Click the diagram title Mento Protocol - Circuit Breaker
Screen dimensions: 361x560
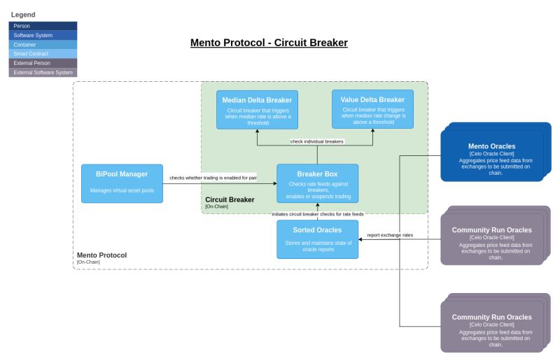coord(269,43)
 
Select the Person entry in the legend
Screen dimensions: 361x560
coord(43,26)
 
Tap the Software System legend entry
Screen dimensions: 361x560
coord(43,35)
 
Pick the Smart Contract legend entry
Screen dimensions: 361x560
coord(43,54)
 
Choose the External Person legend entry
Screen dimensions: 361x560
coord(43,63)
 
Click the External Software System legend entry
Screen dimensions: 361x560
coord(43,72)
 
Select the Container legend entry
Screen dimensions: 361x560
coord(43,44)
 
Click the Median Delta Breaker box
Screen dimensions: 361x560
coord(257,109)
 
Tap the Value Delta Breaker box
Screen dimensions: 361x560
coord(372,109)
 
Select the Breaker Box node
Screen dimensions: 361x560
coord(317,183)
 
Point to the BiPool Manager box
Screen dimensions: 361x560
coord(122,183)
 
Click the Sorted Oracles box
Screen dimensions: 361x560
coord(317,239)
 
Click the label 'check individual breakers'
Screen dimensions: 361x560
coord(317,141)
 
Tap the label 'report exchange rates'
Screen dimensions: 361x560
coord(390,235)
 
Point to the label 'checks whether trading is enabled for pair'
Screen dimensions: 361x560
coord(213,177)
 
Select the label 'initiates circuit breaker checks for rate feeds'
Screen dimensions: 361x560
coord(318,213)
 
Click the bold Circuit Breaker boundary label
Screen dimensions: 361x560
coord(230,199)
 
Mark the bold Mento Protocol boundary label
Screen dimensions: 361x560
coord(101,255)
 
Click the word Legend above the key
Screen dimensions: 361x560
coord(23,15)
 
